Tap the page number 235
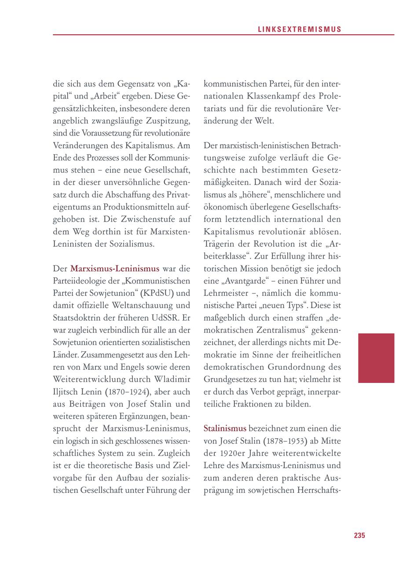coord(359,535)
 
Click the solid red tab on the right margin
coord(376,358)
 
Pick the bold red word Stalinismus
coord(225,428)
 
